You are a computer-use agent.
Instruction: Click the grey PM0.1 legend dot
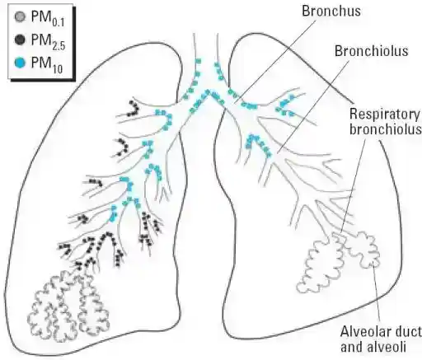click(x=20, y=17)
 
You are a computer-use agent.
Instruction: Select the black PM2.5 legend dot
click(x=20, y=40)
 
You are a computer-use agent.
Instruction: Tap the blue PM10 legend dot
click(x=20, y=63)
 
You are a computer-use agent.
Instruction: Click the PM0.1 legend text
click(x=48, y=19)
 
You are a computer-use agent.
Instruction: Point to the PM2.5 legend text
click(x=48, y=42)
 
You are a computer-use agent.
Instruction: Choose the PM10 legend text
click(x=47, y=65)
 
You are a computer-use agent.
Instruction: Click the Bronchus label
click(x=331, y=11)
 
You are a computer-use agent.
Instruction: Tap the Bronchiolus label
click(x=372, y=51)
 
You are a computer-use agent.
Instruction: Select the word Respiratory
click(x=385, y=114)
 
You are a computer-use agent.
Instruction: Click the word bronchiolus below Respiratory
click(x=386, y=129)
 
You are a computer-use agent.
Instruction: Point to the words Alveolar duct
click(x=382, y=332)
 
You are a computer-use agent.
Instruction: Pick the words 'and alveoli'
click(x=373, y=347)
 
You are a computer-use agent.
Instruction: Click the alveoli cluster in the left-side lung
click(x=68, y=306)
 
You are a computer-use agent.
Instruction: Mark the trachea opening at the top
click(x=206, y=35)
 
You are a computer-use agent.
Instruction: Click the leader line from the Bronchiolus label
click(x=313, y=107)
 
